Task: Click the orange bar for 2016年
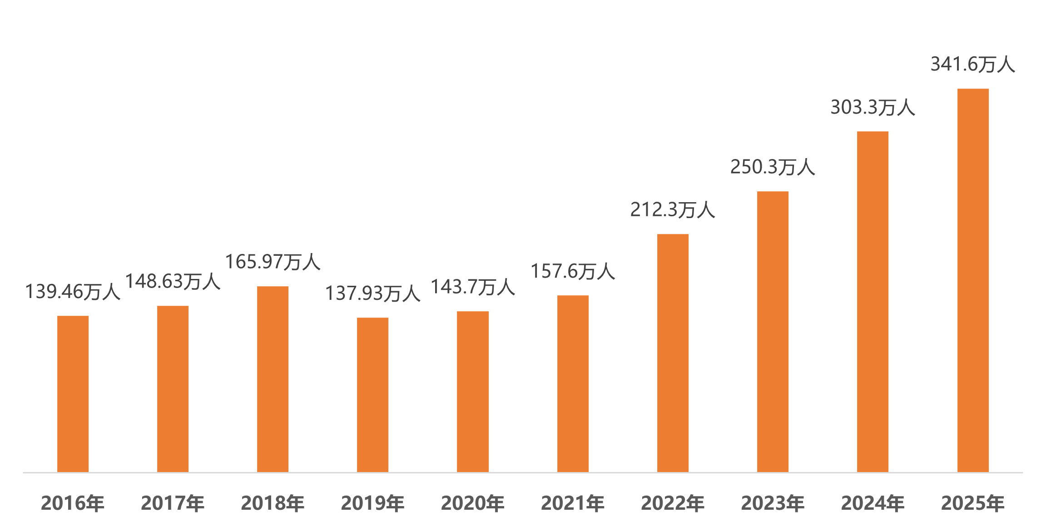coord(73,394)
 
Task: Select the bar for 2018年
coord(273,379)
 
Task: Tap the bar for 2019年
coord(373,395)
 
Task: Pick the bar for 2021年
coord(573,383)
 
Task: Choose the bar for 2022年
coord(673,353)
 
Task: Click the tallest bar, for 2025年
coord(973,280)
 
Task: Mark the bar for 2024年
coord(873,302)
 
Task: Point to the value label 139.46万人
coord(72,292)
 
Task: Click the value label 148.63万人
coord(173,282)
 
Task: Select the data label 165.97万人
coord(273,262)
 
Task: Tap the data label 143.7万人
coord(472,287)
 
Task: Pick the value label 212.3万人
coord(673,210)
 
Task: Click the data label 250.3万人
coord(773,167)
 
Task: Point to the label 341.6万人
coord(972,65)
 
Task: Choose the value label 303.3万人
coord(872,108)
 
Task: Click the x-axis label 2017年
coord(173,503)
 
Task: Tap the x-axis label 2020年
coord(473,503)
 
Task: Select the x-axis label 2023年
coord(773,503)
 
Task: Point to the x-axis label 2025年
coord(972,503)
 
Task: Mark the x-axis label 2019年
coord(372,503)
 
